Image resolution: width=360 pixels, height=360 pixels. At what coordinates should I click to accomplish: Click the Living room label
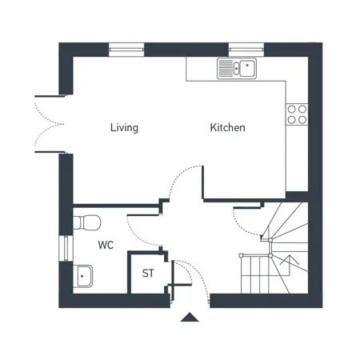point(124,128)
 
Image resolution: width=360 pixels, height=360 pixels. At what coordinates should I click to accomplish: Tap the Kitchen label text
point(227,127)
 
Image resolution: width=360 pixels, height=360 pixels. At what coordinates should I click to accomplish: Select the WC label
point(106,245)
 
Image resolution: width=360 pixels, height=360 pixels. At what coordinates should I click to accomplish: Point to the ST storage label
point(148,273)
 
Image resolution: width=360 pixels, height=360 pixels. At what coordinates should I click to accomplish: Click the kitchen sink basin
point(248,68)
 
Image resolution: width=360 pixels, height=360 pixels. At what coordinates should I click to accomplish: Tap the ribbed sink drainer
point(226,68)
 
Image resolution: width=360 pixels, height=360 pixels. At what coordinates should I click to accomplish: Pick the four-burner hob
point(297,114)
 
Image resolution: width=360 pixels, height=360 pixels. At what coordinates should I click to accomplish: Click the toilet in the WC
point(87,222)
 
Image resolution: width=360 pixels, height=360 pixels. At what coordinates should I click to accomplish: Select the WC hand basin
point(83,276)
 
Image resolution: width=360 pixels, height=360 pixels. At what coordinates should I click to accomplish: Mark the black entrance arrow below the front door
point(190,317)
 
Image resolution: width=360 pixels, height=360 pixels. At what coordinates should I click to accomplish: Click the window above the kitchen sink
point(246,50)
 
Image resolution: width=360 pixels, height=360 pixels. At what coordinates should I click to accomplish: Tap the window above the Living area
point(126,50)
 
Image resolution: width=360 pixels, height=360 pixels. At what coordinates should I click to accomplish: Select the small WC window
point(66,249)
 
